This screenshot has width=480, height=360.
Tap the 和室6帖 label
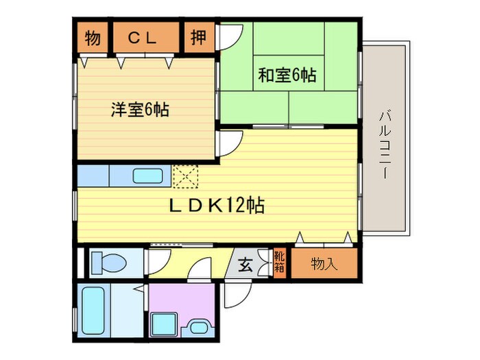click(x=287, y=76)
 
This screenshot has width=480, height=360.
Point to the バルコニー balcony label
click(x=383, y=143)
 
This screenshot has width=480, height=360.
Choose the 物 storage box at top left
click(x=92, y=39)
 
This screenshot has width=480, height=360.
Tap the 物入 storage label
click(x=324, y=263)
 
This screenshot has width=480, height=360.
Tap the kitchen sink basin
click(x=147, y=176)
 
